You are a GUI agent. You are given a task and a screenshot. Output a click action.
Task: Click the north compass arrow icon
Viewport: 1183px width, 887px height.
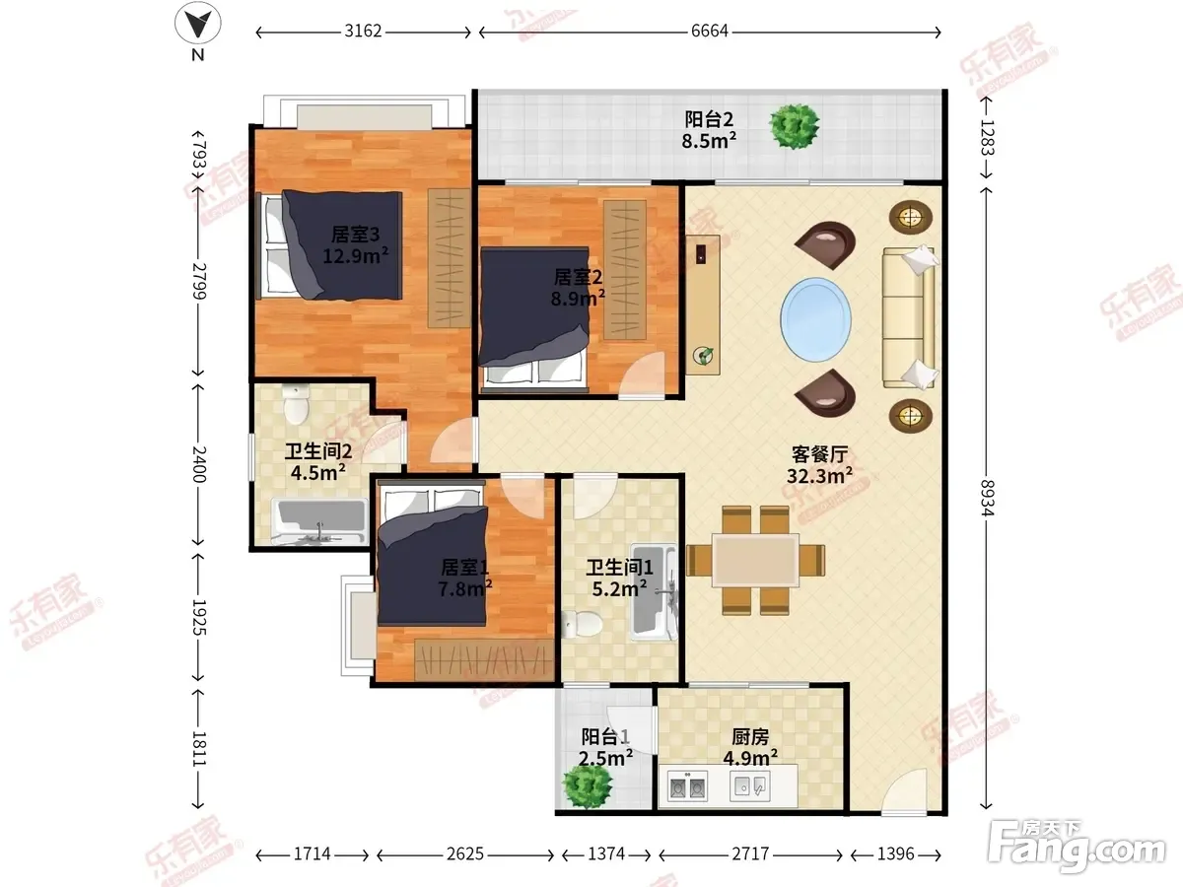click(198, 23)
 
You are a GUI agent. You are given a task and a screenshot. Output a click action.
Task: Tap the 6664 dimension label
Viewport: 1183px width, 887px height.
click(709, 32)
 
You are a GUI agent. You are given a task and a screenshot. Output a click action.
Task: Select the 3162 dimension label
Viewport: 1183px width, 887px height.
click(363, 32)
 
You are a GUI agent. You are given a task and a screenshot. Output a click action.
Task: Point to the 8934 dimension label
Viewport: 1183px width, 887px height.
click(986, 498)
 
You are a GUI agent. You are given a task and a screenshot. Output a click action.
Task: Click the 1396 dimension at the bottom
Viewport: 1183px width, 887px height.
click(896, 854)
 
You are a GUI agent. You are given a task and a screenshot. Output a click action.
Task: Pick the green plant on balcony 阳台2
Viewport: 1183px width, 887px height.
click(795, 126)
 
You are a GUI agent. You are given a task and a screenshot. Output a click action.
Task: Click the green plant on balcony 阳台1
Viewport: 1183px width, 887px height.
click(587, 785)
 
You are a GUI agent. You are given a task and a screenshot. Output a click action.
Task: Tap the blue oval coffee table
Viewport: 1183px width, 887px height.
click(816, 319)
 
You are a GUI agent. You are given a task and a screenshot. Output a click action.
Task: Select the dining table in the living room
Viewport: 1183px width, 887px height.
click(755, 560)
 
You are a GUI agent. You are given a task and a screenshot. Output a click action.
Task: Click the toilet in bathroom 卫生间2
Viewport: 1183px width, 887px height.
click(296, 404)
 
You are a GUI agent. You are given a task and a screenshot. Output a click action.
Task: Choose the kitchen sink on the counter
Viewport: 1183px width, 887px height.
click(749, 786)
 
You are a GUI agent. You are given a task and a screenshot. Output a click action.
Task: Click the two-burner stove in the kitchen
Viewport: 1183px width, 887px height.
click(686, 786)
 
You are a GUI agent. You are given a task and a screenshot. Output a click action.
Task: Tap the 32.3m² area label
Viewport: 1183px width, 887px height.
click(819, 476)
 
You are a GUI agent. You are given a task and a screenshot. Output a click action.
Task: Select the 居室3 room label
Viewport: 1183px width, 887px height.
click(355, 235)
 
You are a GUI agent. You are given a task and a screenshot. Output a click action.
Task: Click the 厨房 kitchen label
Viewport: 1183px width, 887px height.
click(750, 737)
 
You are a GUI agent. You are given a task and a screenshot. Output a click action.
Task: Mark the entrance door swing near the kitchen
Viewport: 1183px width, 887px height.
click(904, 790)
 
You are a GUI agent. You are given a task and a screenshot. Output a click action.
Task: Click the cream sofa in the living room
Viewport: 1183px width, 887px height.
click(909, 316)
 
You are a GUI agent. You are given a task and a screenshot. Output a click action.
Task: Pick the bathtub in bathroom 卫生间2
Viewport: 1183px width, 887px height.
click(319, 522)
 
